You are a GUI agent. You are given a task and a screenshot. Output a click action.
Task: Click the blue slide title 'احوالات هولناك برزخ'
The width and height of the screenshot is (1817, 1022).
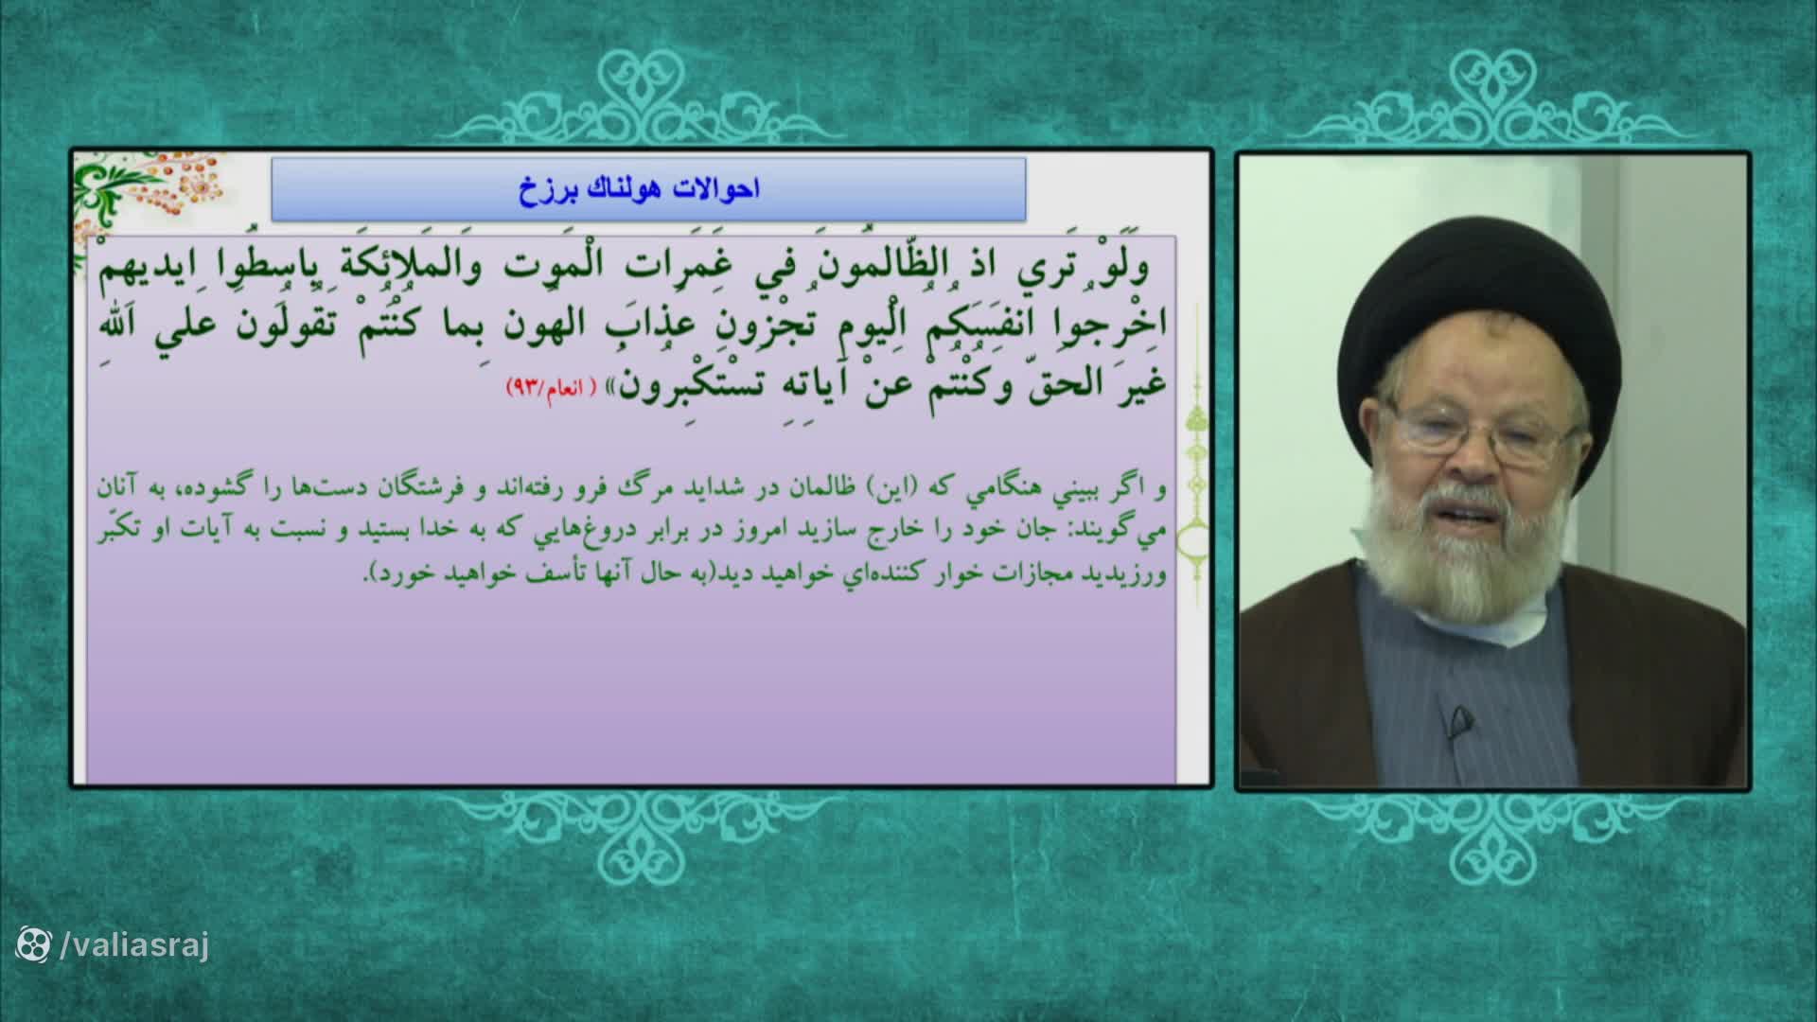point(639,189)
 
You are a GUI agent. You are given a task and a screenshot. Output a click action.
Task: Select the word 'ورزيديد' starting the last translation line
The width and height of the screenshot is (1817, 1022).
point(1132,574)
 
